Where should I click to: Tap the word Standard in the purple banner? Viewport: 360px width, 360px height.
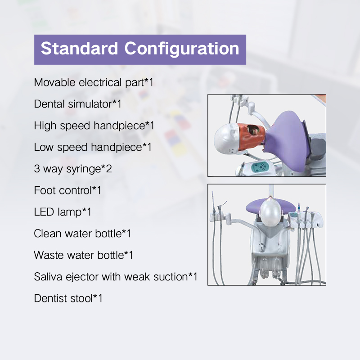(80, 49)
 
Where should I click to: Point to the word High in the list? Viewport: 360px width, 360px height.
(44, 126)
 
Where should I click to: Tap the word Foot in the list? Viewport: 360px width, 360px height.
(44, 190)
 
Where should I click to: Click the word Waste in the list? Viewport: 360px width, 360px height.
(48, 255)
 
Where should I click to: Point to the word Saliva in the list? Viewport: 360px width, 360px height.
(47, 277)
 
